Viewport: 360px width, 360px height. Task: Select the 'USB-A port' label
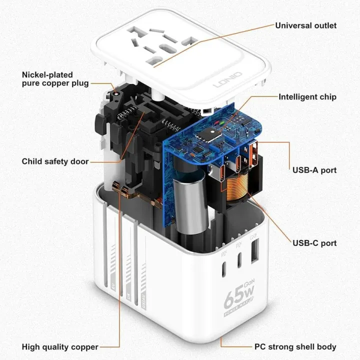[x=314, y=170]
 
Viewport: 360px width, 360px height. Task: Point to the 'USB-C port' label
[x=314, y=243]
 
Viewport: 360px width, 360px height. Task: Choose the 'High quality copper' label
[x=60, y=346]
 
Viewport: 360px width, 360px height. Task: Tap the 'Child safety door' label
[x=55, y=161]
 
